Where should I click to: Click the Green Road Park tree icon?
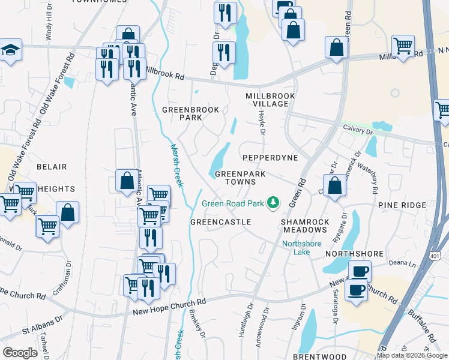coord(274,203)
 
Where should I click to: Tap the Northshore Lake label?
coord(302,248)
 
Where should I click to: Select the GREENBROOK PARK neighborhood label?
coord(190,113)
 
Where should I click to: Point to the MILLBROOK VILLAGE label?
coord(267,100)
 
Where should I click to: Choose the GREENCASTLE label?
coord(220,222)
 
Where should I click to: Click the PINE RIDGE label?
coord(402,205)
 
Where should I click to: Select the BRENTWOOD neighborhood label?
coord(317,356)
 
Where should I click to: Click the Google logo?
coord(19,353)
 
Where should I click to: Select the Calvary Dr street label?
coord(358,127)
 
